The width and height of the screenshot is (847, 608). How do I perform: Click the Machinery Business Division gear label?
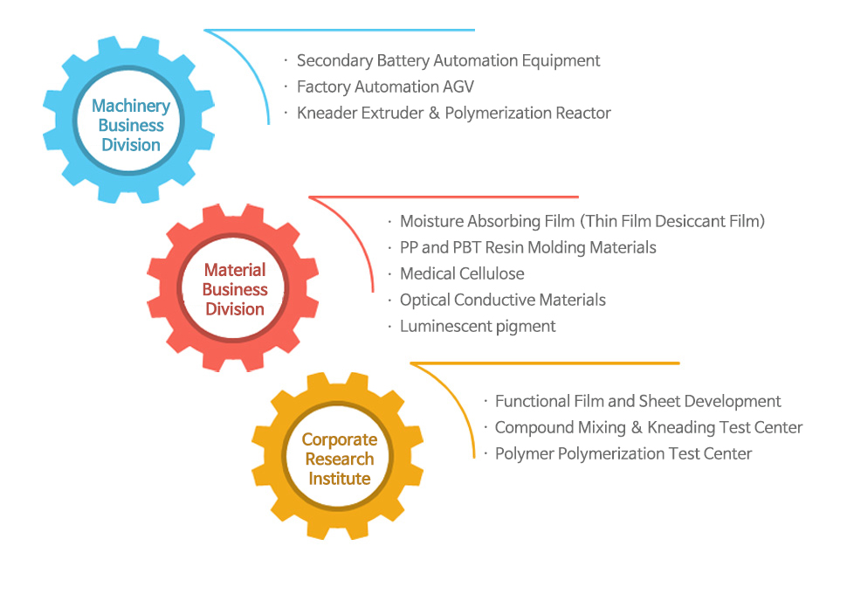click(x=131, y=125)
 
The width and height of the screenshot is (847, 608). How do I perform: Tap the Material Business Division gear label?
click(x=234, y=289)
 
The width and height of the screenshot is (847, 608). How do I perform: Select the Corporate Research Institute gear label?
click(x=339, y=459)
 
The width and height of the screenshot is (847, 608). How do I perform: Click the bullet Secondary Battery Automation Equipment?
click(x=448, y=61)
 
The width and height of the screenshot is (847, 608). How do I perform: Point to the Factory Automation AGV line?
click(x=385, y=87)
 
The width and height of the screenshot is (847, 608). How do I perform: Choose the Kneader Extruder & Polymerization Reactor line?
click(x=453, y=114)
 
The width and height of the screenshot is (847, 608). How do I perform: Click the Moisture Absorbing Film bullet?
click(x=582, y=222)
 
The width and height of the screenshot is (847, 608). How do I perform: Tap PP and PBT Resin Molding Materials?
click(x=527, y=248)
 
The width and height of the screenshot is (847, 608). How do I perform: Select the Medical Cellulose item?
click(x=462, y=274)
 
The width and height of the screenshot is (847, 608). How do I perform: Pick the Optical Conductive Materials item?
click(x=502, y=301)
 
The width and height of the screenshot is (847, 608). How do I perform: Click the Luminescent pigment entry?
click(x=478, y=327)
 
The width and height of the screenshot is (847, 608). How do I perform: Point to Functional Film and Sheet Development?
click(x=637, y=402)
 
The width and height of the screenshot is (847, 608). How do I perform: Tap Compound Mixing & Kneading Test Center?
click(x=648, y=428)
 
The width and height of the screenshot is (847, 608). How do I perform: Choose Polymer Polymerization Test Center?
click(x=623, y=454)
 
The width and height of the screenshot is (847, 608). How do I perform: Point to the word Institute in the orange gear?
click(x=339, y=479)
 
